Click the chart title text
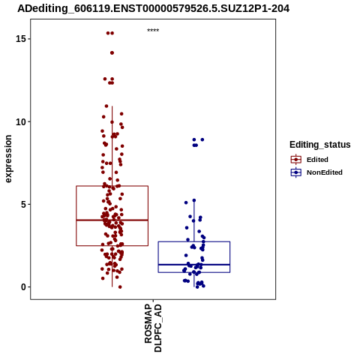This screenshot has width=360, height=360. coord(153,8)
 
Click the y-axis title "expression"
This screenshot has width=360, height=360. coord(8,159)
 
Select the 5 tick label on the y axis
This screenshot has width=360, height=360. coord(23,204)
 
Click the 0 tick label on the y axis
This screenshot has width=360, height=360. coord(23,287)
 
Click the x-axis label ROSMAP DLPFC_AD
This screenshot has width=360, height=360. coord(153,328)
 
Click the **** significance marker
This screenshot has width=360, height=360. coord(153,30)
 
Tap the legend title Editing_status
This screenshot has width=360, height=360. coord(320,145)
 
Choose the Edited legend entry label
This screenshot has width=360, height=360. coord(317,160)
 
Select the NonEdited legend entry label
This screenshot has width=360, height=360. coord(325,172)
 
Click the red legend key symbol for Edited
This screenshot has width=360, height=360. coord(296,160)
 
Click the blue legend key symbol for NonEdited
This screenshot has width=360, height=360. coord(296,172)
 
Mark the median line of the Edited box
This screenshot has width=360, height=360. coord(112,220)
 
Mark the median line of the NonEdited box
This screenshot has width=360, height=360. coord(194,265)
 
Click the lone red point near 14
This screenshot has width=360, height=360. coord(112,52)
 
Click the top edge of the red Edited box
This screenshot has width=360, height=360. coord(112,186)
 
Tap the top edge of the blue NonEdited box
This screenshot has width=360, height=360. coord(194,241)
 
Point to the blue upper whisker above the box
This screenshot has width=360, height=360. coord(194,221)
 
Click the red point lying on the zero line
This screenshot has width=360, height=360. coord(120,287)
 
